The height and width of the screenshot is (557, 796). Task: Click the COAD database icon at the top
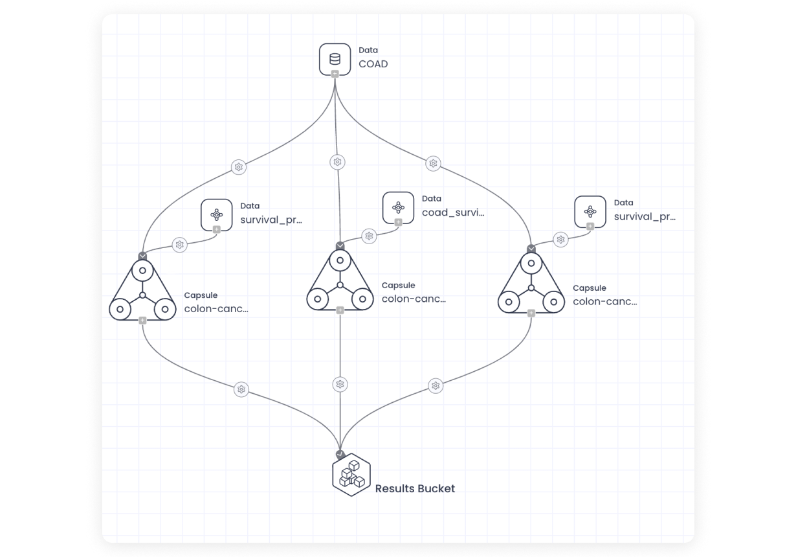(335, 58)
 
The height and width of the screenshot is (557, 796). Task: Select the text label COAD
(373, 64)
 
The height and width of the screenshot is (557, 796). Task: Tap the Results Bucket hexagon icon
(351, 475)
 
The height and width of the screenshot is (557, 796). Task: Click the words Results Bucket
(415, 488)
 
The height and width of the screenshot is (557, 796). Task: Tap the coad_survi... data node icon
(398, 207)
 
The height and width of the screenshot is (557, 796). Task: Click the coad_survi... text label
(452, 212)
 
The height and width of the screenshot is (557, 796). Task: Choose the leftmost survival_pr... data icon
(216, 214)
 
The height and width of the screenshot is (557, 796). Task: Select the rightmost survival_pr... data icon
(590, 211)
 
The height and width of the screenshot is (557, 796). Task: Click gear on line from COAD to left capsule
(239, 167)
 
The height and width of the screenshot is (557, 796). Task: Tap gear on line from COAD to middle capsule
(337, 162)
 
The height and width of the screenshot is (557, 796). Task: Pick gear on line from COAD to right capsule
(433, 163)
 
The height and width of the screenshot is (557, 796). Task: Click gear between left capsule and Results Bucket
(241, 389)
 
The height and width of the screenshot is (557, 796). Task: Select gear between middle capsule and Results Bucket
(340, 384)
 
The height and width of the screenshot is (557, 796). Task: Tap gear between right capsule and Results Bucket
(436, 386)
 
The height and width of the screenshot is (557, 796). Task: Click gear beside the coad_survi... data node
(369, 236)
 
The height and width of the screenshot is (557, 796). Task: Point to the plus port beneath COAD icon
(335, 74)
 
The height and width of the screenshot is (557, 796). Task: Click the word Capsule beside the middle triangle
(398, 285)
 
